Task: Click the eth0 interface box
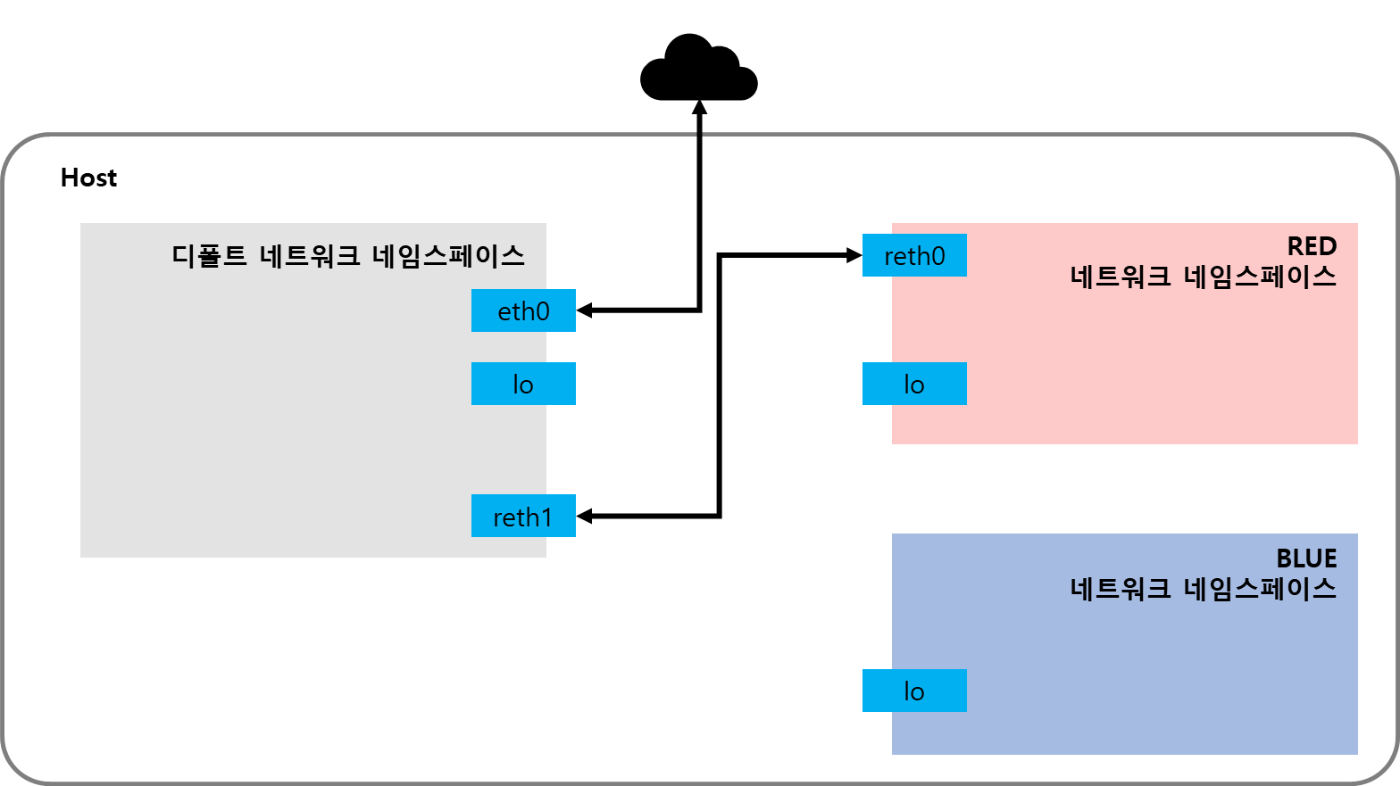523,310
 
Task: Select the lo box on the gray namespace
523,384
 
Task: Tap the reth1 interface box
523,516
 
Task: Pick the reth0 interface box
914,255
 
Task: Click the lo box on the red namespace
914,384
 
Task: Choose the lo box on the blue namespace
914,691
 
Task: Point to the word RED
1312,246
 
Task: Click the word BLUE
1306,558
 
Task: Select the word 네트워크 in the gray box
310,256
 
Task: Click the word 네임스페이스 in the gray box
448,256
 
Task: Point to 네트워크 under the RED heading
1121,277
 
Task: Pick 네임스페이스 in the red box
1260,277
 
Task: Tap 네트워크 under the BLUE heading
1121,589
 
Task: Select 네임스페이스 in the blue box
1260,589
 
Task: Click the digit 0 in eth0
542,311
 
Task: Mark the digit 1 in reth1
546,517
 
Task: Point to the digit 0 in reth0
937,256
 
